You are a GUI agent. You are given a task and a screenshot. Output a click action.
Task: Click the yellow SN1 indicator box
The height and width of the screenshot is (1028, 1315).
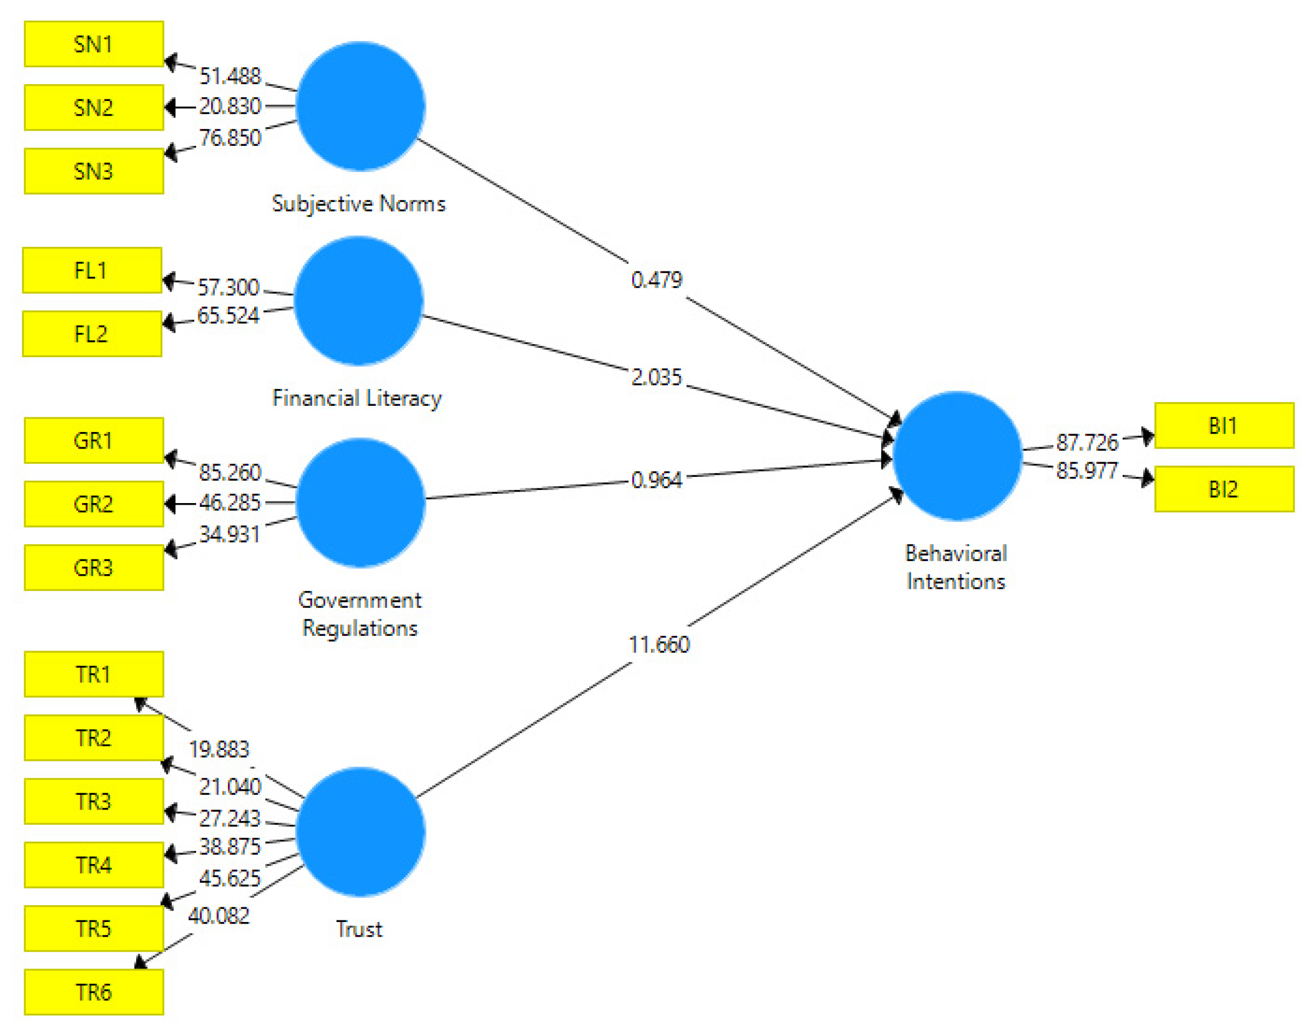(94, 44)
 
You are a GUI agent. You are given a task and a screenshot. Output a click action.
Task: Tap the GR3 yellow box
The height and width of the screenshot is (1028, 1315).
(94, 567)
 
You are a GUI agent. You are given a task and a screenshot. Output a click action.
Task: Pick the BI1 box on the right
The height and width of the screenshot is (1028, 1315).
(1224, 426)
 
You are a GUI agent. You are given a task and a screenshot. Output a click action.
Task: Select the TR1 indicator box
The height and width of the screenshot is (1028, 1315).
(94, 674)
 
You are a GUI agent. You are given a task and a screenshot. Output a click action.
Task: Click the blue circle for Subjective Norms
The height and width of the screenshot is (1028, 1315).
(360, 106)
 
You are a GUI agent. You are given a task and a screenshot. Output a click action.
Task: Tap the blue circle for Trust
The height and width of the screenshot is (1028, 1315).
(360, 831)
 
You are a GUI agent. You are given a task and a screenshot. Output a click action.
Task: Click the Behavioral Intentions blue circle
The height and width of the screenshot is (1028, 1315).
(957, 456)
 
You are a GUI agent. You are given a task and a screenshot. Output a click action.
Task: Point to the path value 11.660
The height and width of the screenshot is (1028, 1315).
(659, 645)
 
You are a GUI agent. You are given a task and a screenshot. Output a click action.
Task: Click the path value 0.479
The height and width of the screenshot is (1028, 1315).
(656, 280)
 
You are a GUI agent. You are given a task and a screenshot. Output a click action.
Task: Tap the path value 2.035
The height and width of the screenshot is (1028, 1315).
(656, 377)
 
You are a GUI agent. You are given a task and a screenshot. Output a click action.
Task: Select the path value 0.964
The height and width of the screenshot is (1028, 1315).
(656, 480)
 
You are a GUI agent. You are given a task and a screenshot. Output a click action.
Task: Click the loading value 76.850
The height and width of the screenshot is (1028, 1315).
(230, 138)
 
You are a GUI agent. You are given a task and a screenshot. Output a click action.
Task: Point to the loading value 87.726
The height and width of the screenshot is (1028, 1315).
(1087, 442)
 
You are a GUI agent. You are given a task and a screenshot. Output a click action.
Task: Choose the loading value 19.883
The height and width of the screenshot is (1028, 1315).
(219, 749)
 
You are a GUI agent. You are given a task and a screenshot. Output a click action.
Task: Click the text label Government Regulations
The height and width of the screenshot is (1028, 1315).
(360, 614)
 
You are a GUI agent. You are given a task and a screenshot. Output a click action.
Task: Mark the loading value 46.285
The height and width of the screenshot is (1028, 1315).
(230, 503)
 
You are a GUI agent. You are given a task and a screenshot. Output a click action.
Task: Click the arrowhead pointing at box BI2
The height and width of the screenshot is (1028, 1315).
(1147, 478)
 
